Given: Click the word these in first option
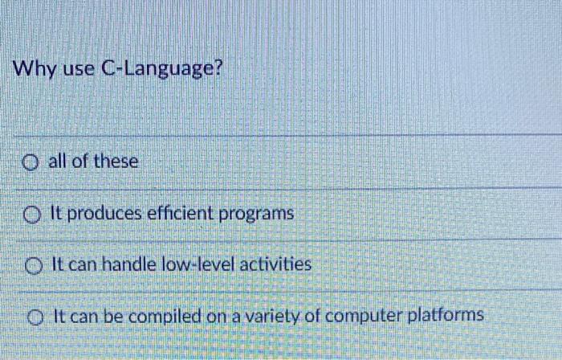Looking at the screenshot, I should click(x=116, y=162).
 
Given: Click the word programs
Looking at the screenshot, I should click(x=261, y=215).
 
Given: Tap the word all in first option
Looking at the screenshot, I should click(x=58, y=162).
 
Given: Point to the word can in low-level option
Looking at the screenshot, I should click(x=81, y=264).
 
